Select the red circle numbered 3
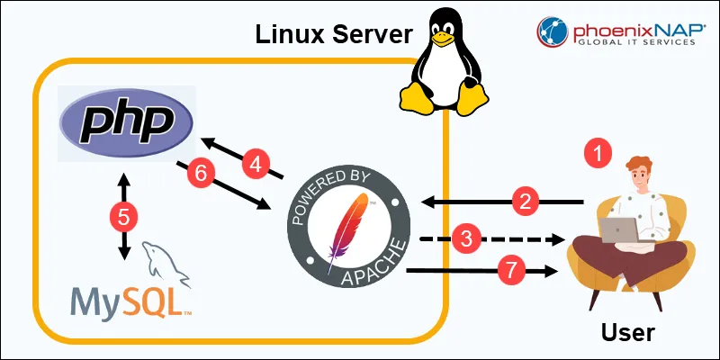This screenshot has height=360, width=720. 464,239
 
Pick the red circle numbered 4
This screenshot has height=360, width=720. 256,164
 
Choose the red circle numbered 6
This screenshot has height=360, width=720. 201,173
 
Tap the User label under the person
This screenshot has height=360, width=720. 628,333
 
